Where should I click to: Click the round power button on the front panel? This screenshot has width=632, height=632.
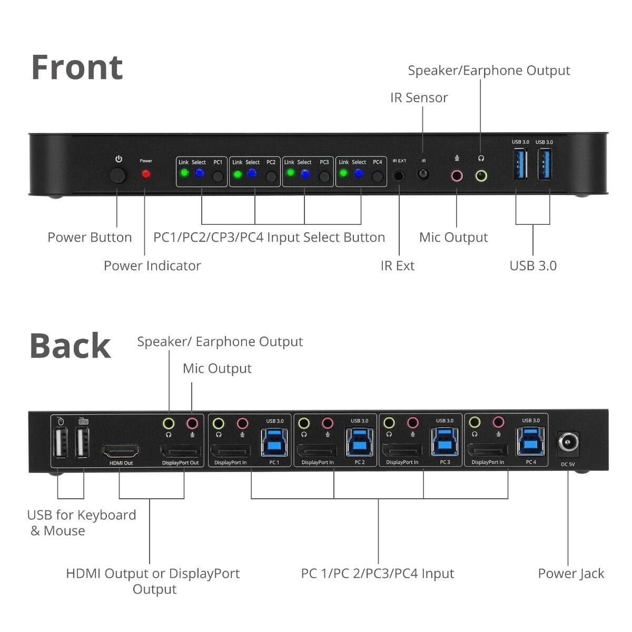tap(118, 175)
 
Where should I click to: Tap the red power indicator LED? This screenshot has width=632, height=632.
tap(145, 174)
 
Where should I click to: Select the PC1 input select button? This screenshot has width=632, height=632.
tap(218, 176)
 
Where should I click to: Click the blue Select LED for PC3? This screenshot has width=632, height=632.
tap(304, 173)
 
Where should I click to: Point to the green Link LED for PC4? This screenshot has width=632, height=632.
tap(343, 173)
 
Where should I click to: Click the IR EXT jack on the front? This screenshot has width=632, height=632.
tap(399, 175)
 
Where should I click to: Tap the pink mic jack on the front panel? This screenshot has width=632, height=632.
tap(456, 175)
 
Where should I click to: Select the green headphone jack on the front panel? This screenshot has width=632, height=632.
tap(481, 175)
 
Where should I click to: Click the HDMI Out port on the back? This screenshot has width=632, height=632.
tap(121, 451)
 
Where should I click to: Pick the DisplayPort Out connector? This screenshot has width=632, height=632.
tap(180, 451)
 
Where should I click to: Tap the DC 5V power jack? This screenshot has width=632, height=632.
tap(568, 443)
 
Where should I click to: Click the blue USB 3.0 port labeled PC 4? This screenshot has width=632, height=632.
tap(530, 441)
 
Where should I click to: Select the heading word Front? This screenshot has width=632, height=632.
tap(77, 67)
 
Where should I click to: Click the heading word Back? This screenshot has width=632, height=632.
tap(70, 346)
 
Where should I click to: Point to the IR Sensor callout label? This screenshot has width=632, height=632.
tap(419, 97)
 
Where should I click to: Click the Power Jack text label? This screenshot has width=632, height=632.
tap(571, 574)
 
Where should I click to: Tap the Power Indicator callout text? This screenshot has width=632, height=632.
tap(152, 265)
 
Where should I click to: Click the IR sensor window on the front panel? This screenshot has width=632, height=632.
tap(423, 174)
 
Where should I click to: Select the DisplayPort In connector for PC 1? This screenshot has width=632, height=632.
tap(230, 451)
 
